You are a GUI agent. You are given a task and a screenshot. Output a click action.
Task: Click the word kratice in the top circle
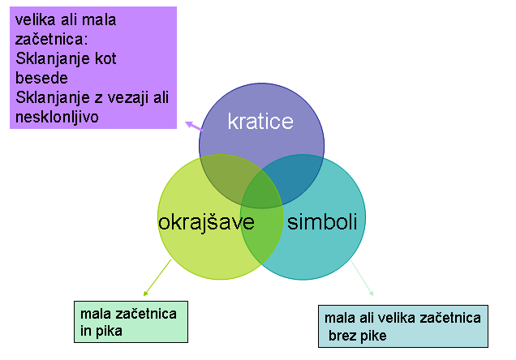pos(260,122)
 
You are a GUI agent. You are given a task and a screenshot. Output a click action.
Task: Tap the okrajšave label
pos(206,223)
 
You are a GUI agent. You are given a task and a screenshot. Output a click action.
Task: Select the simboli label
pos(322,221)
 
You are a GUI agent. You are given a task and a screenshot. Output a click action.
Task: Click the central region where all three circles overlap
pos(262,190)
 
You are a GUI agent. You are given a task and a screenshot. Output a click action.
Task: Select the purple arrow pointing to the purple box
pos(194,126)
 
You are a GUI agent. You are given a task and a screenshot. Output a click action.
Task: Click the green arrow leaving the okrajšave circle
pos(157,278)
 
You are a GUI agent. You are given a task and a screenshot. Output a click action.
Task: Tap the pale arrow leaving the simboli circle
pos(362,278)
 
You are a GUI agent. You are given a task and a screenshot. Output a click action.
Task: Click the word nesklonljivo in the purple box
pos(57,117)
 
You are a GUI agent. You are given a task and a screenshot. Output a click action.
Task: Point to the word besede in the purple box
pos(41,78)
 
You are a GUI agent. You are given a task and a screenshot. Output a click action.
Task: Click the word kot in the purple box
pos(105,59)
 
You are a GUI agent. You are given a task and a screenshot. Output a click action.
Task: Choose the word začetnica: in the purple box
pos(51,40)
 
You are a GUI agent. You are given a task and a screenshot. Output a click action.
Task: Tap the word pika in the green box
pos(109,331)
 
